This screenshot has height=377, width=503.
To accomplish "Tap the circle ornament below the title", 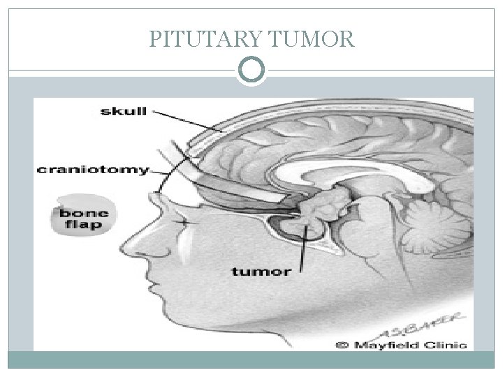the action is click(251, 70).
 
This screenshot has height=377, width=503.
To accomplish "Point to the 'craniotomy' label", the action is click(92, 169).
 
